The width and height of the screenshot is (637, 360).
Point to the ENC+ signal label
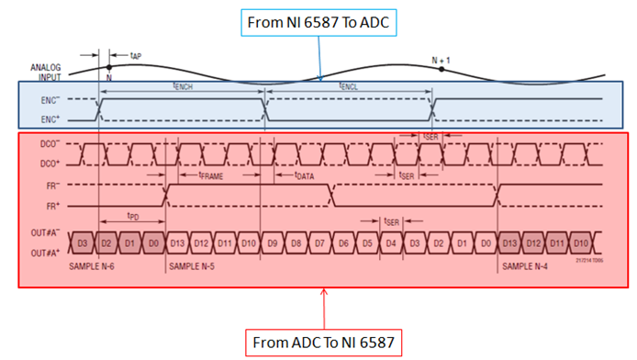click(53, 118)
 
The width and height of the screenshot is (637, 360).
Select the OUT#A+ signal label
click(46, 253)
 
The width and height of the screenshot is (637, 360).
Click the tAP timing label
click(136, 56)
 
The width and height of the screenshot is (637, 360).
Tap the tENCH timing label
click(183, 85)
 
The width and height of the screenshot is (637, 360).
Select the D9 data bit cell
click(272, 243)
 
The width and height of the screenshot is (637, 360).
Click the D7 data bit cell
click(319, 243)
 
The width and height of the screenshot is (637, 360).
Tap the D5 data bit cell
click(367, 243)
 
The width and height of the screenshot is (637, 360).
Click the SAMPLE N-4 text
click(527, 266)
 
